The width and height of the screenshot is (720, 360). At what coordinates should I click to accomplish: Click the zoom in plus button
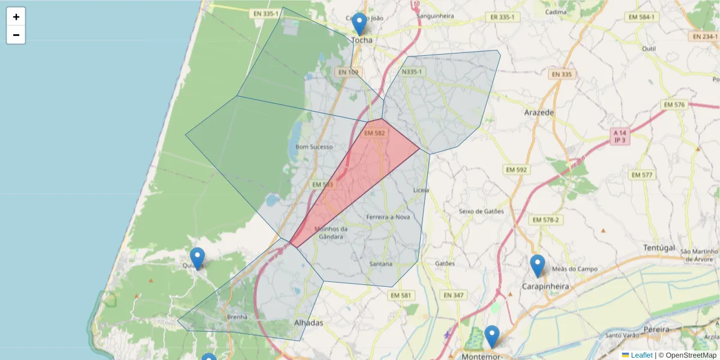click(16, 17)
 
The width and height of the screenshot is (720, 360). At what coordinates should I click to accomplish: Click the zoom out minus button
click(16, 35)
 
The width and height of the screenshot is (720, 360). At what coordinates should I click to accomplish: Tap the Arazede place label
click(538, 112)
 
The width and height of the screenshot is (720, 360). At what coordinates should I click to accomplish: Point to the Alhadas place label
click(308, 323)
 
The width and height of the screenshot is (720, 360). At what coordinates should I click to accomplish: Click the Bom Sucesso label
click(314, 146)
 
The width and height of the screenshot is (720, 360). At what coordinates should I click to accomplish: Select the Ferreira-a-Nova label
click(388, 217)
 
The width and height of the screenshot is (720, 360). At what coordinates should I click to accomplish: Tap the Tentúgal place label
click(659, 248)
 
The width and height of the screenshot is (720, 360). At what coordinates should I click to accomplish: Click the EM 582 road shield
click(374, 133)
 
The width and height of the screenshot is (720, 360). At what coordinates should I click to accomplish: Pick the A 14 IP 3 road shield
click(620, 136)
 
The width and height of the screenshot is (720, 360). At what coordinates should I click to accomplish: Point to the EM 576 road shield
click(674, 104)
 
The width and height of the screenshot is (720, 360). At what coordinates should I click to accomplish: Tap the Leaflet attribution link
click(641, 355)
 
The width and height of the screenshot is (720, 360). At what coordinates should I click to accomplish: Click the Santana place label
click(381, 264)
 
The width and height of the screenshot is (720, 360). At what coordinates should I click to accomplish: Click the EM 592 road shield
click(516, 170)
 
